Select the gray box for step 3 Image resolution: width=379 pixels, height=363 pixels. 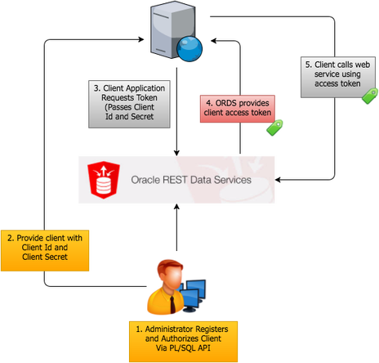click(132, 104)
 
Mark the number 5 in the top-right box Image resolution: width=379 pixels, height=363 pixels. click(305, 63)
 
